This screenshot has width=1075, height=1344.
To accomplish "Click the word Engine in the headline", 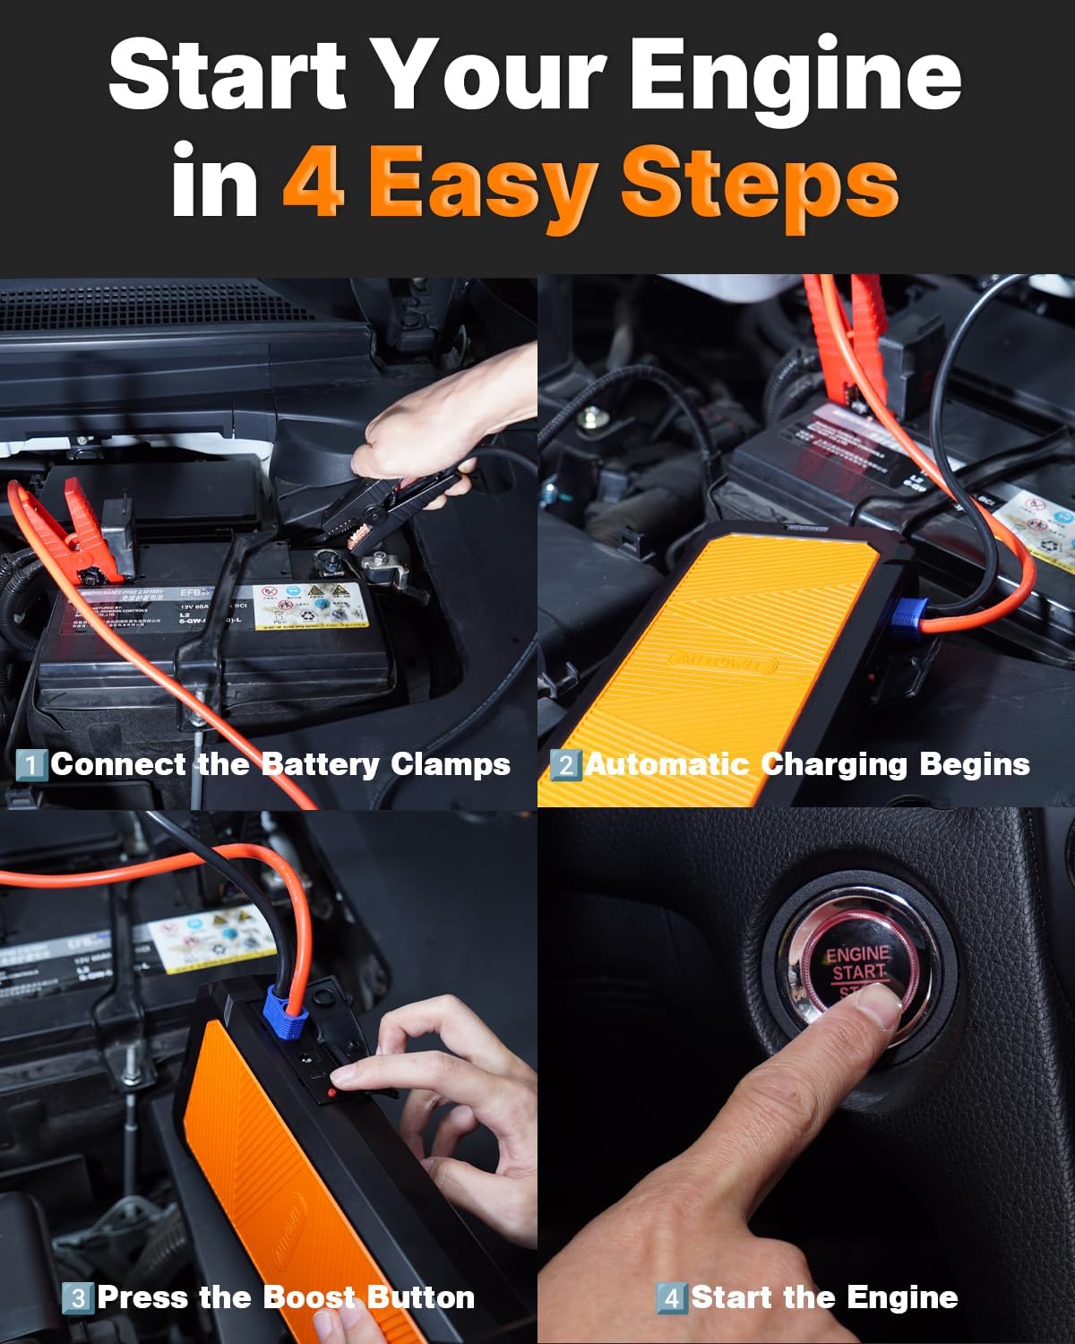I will tap(795, 75).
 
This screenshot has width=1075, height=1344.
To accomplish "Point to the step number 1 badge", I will tap(31, 765).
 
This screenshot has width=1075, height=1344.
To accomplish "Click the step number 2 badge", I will tap(565, 765).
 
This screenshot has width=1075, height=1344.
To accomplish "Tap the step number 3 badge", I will tap(78, 1298).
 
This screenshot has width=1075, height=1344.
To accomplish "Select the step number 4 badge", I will tap(671, 1298).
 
